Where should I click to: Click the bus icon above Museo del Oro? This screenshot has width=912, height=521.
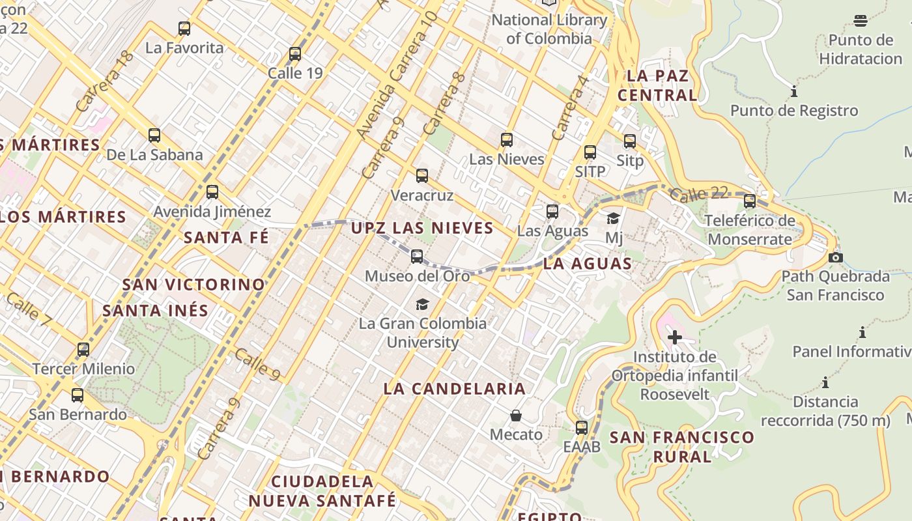(417, 257)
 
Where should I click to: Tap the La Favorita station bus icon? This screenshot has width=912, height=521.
(184, 29)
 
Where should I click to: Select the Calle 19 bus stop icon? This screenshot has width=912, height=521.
(295, 54)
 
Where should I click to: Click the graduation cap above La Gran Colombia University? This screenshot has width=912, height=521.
(423, 304)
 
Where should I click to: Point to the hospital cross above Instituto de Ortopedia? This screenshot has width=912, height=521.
(675, 337)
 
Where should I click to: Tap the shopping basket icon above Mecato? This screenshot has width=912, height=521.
(516, 415)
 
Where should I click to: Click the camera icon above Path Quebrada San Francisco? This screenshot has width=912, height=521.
(836, 257)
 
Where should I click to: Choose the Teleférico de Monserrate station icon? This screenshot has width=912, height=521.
(750, 201)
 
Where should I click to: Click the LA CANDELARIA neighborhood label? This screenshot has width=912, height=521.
(454, 389)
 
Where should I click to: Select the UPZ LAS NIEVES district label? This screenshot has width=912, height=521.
(422, 228)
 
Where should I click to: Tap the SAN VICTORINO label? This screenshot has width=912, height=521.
(193, 285)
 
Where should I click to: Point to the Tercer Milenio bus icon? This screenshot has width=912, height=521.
(83, 350)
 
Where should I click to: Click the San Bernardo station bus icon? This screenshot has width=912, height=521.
(78, 395)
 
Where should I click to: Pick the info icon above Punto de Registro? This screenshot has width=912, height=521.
(794, 91)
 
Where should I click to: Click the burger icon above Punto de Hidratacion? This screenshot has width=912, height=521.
(861, 21)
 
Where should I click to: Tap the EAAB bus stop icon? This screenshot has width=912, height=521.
(582, 428)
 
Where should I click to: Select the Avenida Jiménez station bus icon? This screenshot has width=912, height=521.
(212, 192)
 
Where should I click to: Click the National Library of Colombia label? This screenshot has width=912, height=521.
(549, 29)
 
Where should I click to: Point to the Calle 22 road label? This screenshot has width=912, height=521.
(698, 193)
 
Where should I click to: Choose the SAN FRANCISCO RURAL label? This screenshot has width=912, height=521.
(682, 447)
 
